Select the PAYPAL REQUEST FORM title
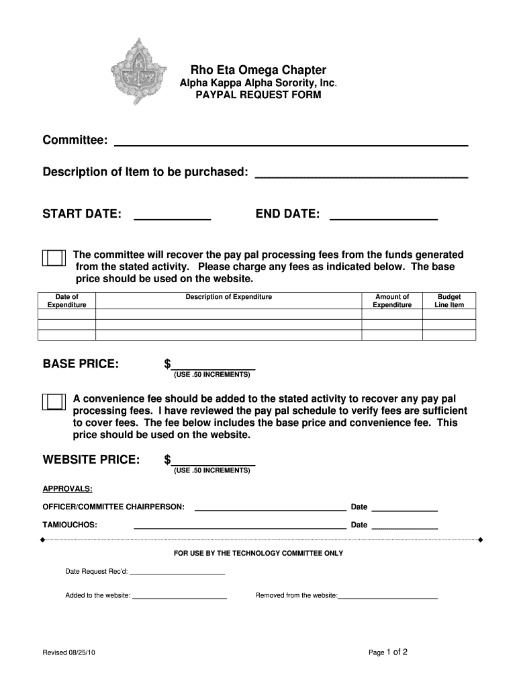click(258, 95)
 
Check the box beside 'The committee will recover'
click(54, 258)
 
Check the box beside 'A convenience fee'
click(54, 401)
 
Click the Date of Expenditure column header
click(67, 301)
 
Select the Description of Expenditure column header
click(228, 297)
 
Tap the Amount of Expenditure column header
click(392, 301)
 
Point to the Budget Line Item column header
click(449, 301)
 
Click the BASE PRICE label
click(81, 364)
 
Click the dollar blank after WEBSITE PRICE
click(214, 461)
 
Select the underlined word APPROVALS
click(68, 488)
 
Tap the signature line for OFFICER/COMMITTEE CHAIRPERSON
click(270, 508)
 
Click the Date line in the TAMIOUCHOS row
click(404, 526)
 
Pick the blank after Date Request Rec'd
click(177, 572)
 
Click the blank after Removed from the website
click(388, 596)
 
